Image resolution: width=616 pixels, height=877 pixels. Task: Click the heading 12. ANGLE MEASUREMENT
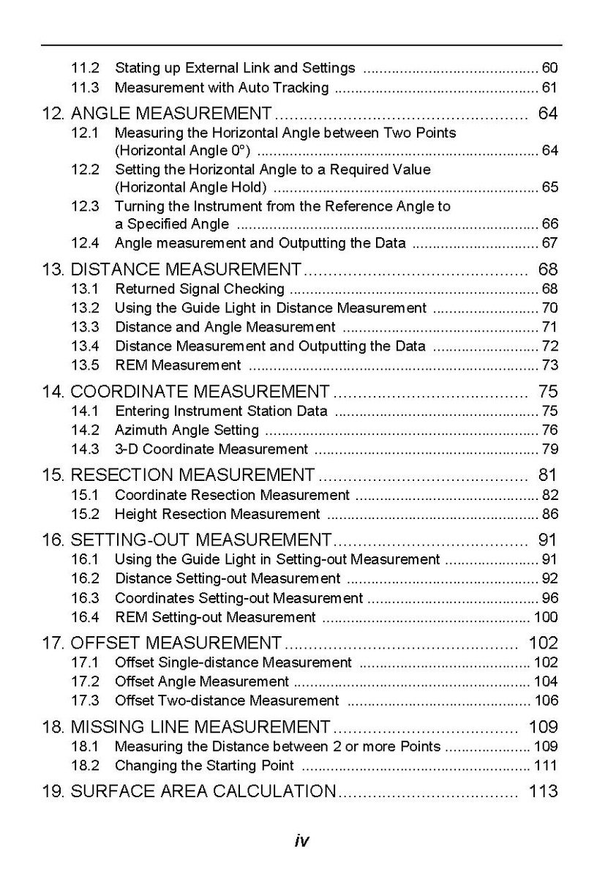point(157,113)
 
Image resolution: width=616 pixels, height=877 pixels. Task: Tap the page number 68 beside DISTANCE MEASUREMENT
point(547,269)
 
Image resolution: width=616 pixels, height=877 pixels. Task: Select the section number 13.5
point(85,365)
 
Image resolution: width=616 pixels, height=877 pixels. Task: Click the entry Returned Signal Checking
point(200,288)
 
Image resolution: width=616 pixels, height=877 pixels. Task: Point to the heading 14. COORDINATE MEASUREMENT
point(185,392)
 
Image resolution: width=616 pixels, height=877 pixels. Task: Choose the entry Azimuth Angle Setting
point(187,430)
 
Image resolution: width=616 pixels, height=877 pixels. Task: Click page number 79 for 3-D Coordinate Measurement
point(549,449)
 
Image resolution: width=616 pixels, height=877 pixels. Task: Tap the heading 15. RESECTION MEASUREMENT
point(178,475)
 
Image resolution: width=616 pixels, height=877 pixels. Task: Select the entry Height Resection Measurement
point(217,514)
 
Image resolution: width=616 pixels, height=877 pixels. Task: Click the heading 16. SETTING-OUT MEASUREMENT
point(187,540)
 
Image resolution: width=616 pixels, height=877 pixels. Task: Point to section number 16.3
point(85,598)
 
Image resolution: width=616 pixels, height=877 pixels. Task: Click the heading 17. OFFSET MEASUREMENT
point(162,643)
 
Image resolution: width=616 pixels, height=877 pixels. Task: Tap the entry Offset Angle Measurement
point(202,682)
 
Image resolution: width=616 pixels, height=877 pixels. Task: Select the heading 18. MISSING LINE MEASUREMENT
point(186,727)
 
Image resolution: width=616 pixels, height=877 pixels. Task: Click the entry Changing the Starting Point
point(204,766)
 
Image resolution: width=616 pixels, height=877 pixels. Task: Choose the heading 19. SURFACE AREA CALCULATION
point(189,791)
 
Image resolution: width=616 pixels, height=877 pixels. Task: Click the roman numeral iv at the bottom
point(301,841)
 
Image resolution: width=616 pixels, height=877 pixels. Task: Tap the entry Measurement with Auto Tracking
point(222,88)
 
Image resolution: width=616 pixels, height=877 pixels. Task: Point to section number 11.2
point(85,68)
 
